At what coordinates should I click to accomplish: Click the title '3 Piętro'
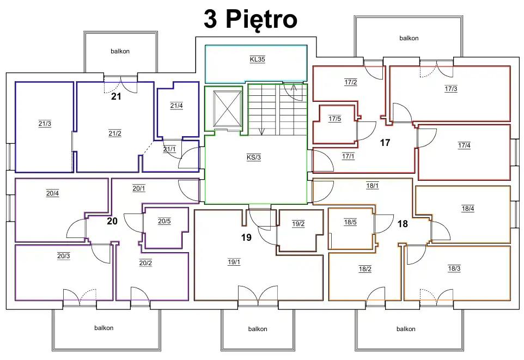[x=251, y=20]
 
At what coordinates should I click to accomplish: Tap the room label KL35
[x=257, y=59]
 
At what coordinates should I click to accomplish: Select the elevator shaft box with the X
[x=227, y=108]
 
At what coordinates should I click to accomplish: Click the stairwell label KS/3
[x=254, y=157]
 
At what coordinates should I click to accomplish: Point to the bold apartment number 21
[x=116, y=96]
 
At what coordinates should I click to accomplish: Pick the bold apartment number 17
[x=385, y=143]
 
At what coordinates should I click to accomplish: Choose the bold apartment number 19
[x=246, y=237]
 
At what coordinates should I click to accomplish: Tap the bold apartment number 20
[x=112, y=221]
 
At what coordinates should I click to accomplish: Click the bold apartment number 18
[x=403, y=224]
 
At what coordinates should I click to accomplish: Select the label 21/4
[x=176, y=106]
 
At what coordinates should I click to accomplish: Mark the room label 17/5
[x=334, y=119]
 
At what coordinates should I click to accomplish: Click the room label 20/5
[x=164, y=221]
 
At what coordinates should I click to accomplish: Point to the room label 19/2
[x=298, y=224]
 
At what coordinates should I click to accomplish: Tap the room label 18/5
[x=350, y=222]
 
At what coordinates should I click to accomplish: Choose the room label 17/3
[x=451, y=89]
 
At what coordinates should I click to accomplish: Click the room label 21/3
[x=45, y=124]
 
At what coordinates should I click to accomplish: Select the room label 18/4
[x=468, y=209]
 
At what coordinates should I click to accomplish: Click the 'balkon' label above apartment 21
[x=120, y=51]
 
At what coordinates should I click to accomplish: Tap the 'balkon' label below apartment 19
[x=258, y=329]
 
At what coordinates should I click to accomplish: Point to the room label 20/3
[x=64, y=256]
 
